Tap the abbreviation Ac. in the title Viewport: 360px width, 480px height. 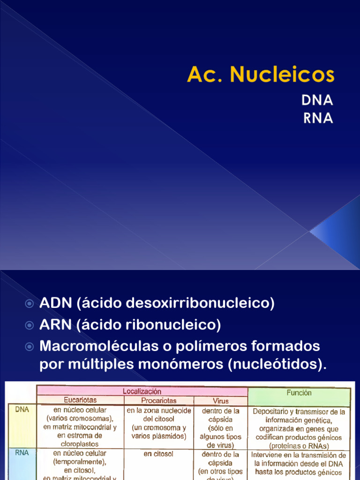(202, 75)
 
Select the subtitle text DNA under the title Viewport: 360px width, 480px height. (318, 100)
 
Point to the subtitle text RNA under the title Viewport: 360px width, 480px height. (318, 118)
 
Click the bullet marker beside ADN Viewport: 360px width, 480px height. (30, 304)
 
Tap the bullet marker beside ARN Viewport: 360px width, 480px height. (30, 325)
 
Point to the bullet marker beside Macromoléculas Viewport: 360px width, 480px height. (30, 347)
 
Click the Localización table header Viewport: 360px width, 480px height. (142, 391)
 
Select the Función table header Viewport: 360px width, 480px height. (299, 393)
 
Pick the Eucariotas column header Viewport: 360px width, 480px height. (80, 400)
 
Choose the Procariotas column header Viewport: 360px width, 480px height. (159, 401)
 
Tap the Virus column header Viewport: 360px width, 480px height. (220, 401)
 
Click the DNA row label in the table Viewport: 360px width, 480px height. (22, 409)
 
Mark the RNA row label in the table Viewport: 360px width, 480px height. (22, 453)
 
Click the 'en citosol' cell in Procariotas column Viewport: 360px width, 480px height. (159, 454)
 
